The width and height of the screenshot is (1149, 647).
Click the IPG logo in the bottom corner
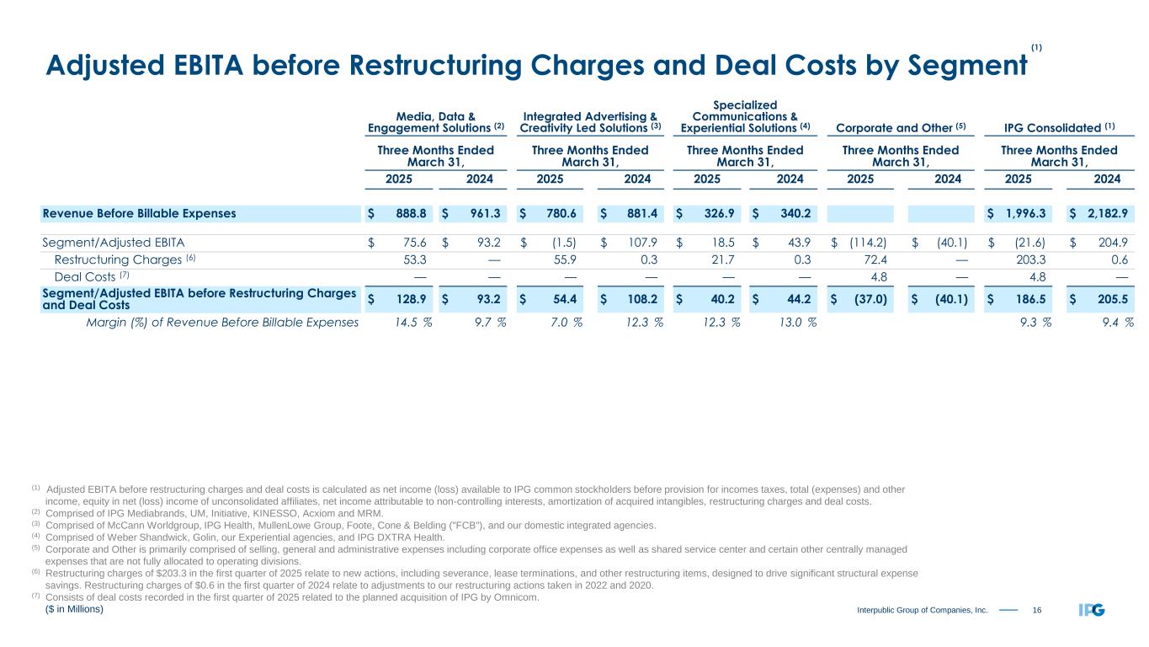click(x=1091, y=609)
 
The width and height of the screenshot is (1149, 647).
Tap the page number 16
click(x=1038, y=609)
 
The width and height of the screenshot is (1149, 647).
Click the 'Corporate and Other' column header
click(x=898, y=127)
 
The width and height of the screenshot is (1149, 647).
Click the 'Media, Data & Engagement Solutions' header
click(x=435, y=121)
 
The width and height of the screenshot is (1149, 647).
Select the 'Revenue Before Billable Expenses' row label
click(x=139, y=213)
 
